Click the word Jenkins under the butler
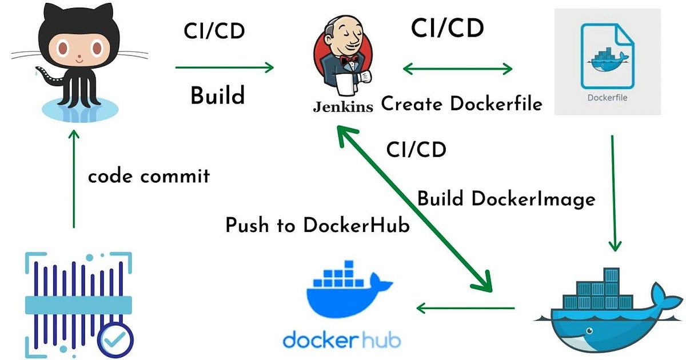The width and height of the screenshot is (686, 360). click(343, 107)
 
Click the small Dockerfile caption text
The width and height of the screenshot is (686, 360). click(607, 97)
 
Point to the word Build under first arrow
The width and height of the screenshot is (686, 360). click(217, 95)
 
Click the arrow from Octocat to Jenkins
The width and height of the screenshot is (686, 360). click(224, 68)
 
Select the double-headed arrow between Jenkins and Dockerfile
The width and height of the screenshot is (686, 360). click(457, 69)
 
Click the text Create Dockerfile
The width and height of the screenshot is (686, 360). click(461, 104)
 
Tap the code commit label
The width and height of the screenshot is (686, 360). click(149, 176)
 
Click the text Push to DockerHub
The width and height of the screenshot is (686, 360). click(317, 225)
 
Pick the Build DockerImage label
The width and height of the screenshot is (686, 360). click(506, 199)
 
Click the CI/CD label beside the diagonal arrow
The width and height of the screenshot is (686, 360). click(416, 150)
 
